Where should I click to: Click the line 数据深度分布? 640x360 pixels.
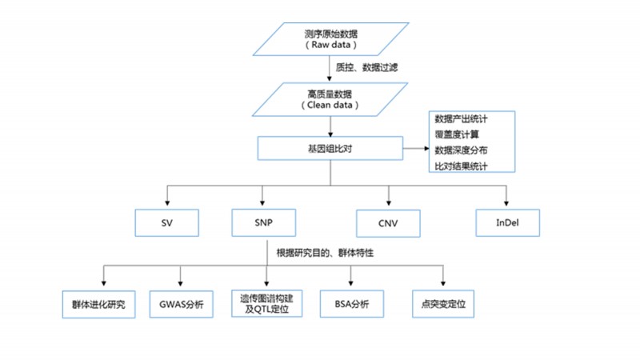[x=462, y=150]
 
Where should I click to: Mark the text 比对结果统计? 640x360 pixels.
[x=462, y=166]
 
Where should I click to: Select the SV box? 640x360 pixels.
[x=166, y=223]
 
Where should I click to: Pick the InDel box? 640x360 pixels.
[x=507, y=222]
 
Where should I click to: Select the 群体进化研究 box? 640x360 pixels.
[x=99, y=305]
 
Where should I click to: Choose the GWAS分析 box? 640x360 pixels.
[x=182, y=305]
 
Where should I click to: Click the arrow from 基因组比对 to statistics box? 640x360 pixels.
[x=415, y=148]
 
